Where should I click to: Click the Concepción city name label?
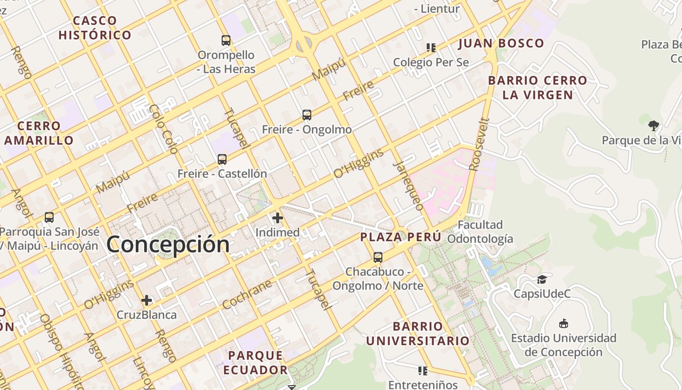pyautogui.click(x=168, y=244)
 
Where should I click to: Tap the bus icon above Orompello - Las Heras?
pyautogui.click(x=226, y=40)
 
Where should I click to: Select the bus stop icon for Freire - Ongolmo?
pyautogui.click(x=306, y=115)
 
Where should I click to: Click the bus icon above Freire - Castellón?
pyautogui.click(x=222, y=159)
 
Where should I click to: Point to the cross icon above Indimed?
pyautogui.click(x=278, y=218)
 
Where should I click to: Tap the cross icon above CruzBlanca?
pyautogui.click(x=147, y=300)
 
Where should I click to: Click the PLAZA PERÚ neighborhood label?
pyautogui.click(x=400, y=237)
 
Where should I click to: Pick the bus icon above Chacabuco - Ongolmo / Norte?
pyautogui.click(x=378, y=257)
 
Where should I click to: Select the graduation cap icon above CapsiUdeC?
pyautogui.click(x=542, y=280)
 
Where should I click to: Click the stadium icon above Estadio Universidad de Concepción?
pyautogui.click(x=564, y=323)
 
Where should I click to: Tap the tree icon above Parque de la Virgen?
pyautogui.click(x=653, y=126)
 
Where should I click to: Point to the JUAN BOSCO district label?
pyautogui.click(x=501, y=43)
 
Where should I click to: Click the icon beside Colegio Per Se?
pyautogui.click(x=431, y=48)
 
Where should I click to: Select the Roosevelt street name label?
pyautogui.click(x=479, y=144)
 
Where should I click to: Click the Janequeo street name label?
pyautogui.click(x=408, y=185)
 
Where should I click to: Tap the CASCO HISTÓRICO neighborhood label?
pyautogui.click(x=95, y=28)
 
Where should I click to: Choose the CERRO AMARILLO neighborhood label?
pyautogui.click(x=39, y=133)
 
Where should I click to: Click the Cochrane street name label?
pyautogui.click(x=247, y=294)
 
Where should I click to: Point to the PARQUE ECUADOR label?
pyautogui.click(x=256, y=362)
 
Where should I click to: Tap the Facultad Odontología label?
pyautogui.click(x=480, y=232)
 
